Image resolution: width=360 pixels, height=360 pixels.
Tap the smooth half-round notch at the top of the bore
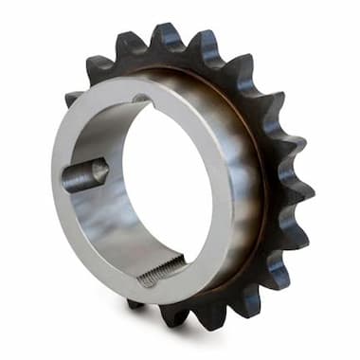tap(141, 98)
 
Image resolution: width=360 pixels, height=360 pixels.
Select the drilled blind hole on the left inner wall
tap(84, 174)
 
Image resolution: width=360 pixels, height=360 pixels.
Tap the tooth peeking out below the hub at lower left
tap(135, 304)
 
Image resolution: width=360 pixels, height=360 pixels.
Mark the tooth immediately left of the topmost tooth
tap(126, 45)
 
